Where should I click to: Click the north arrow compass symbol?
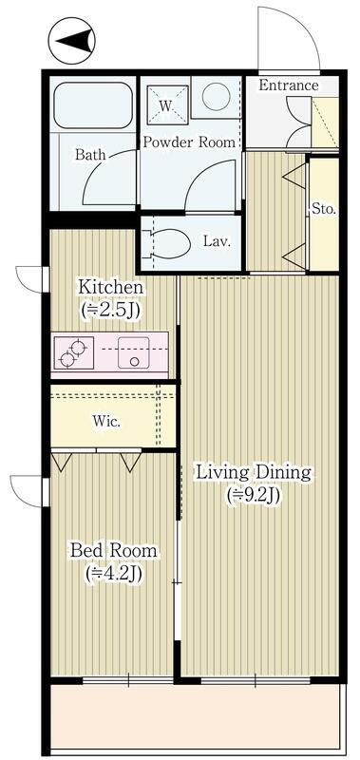tap(71, 41)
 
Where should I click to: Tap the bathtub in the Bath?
tap(93, 105)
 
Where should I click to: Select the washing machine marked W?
tap(167, 104)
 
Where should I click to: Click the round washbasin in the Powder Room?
tap(216, 97)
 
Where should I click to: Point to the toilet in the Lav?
tap(168, 244)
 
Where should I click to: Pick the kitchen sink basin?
tap(133, 352)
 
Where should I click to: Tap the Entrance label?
tap(289, 85)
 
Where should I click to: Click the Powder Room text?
tap(188, 142)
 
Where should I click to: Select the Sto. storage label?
tap(324, 209)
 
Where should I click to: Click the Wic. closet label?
tap(106, 422)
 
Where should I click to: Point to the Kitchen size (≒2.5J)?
tap(111, 310)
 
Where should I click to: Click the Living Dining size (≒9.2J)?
tap(255, 495)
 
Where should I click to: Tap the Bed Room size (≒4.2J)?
tap(113, 574)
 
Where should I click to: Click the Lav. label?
tap(217, 241)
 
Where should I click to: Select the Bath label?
tap(90, 155)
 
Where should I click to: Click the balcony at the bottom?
tap(198, 717)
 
